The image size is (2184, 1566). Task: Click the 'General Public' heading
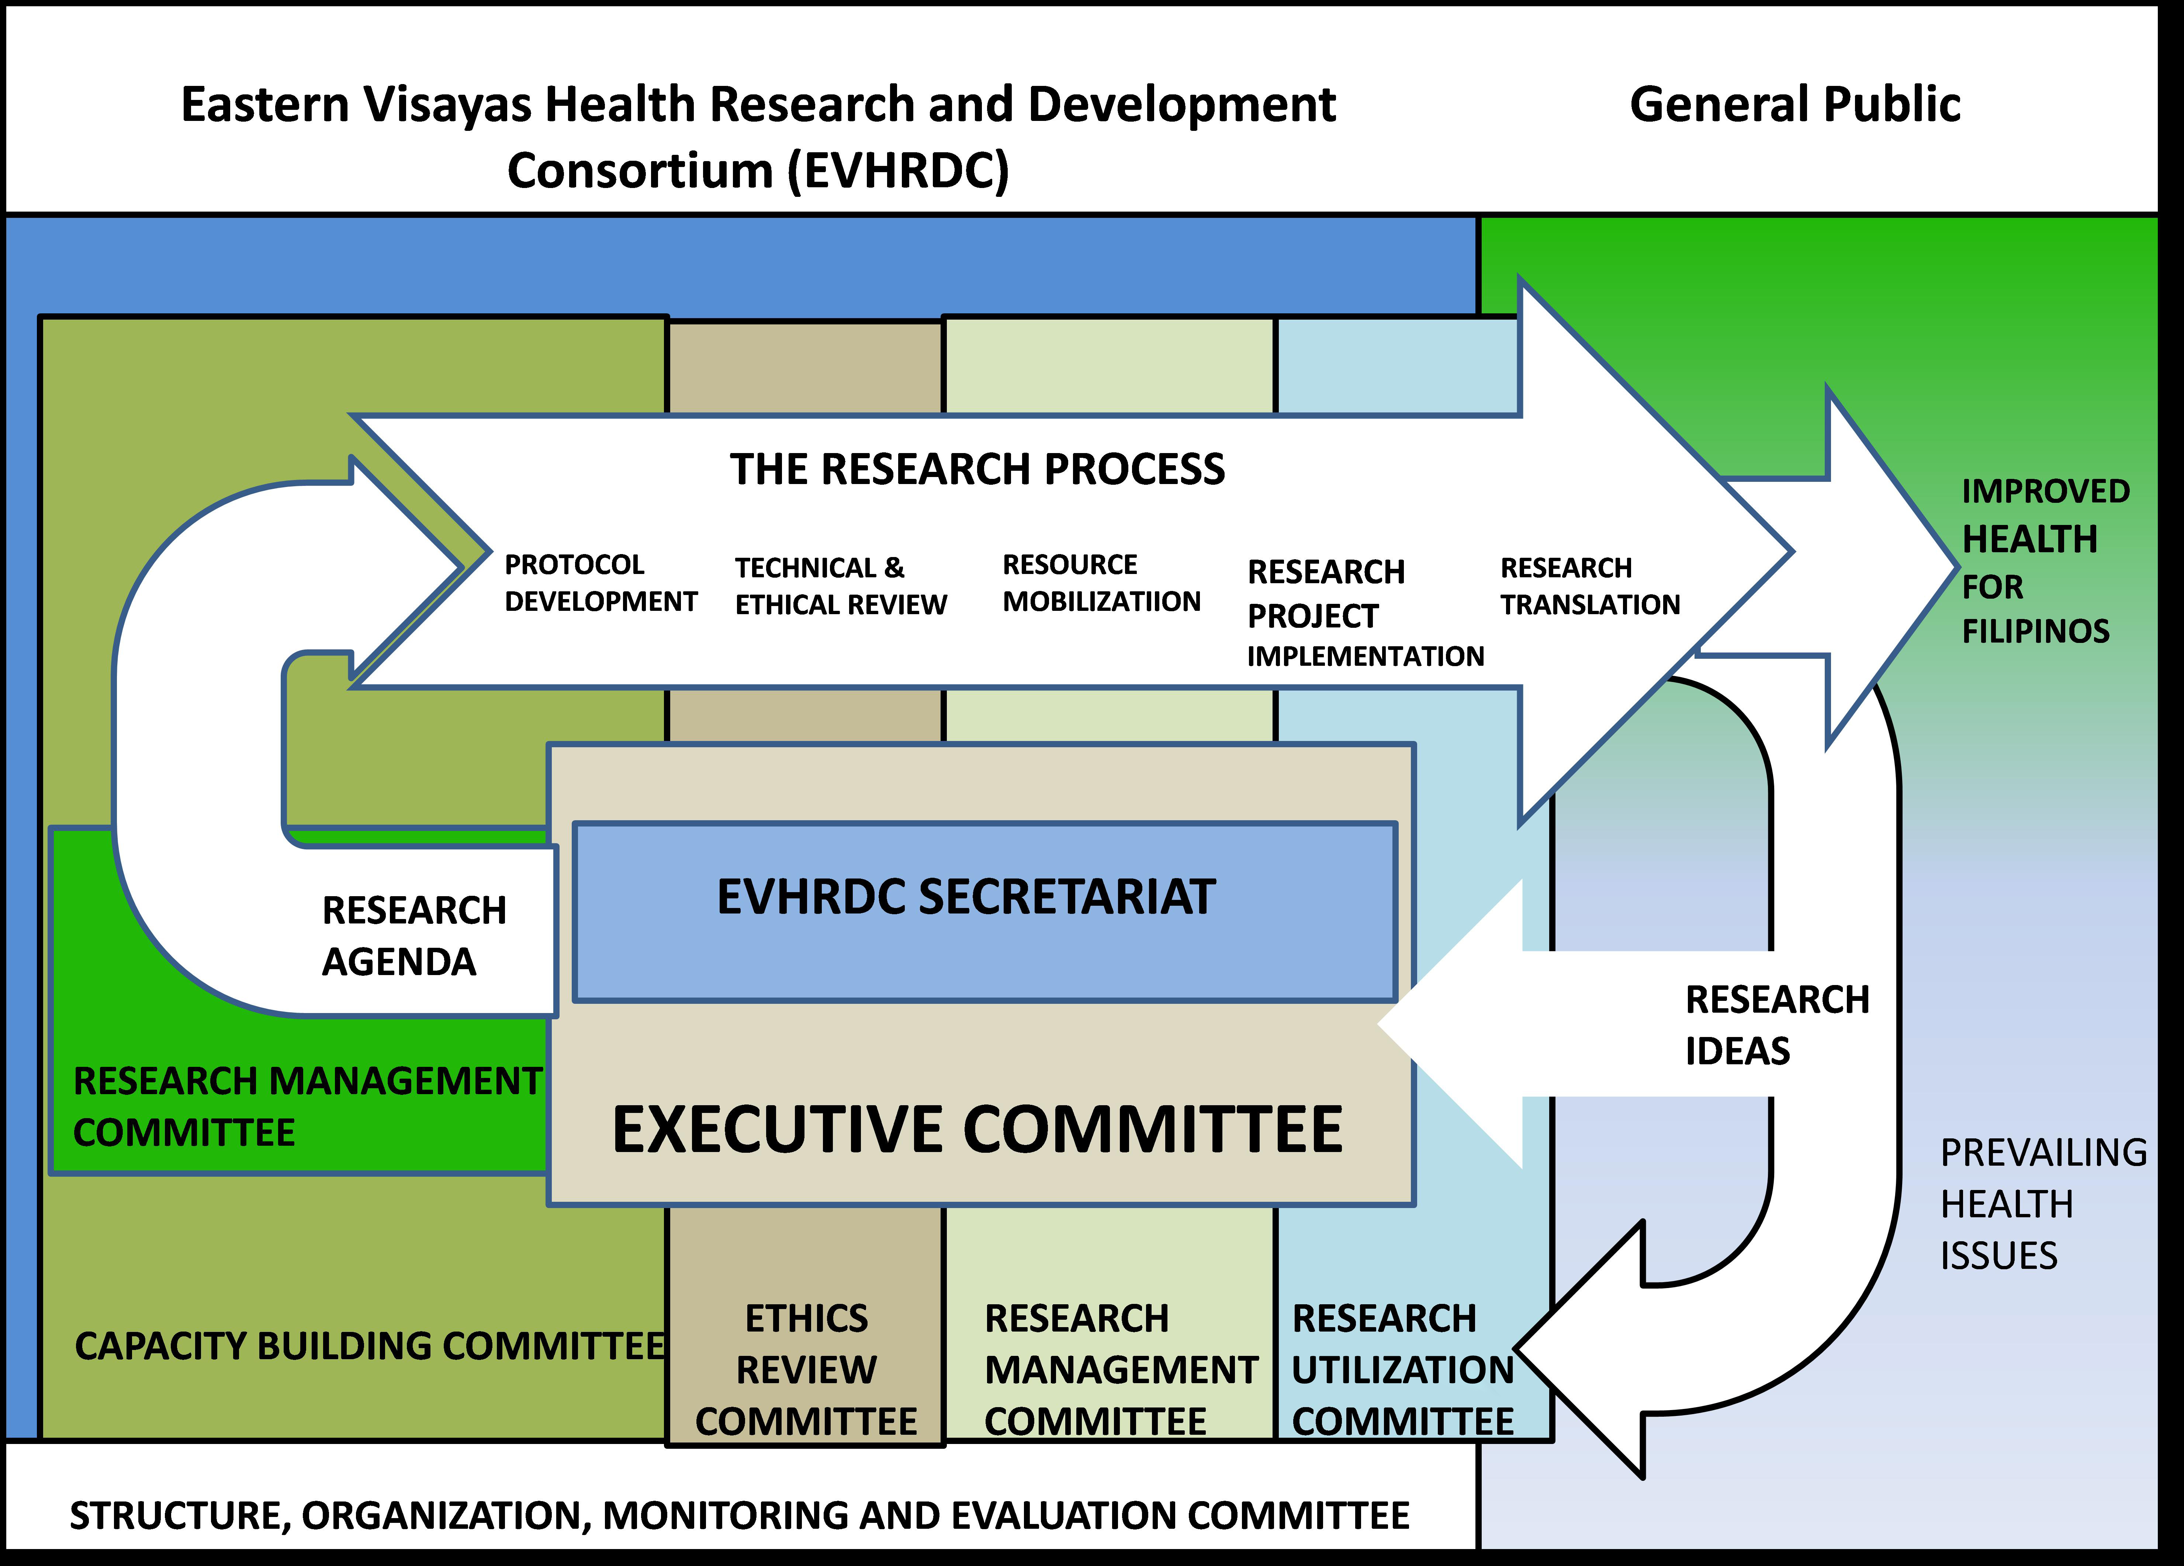pyautogui.click(x=1795, y=104)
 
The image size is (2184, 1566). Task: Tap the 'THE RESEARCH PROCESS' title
pyautogui.click(x=977, y=469)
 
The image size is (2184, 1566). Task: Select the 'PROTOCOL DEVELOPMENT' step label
pyautogui.click(x=601, y=582)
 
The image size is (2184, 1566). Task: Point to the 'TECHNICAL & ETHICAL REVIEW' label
pyautogui.click(x=841, y=586)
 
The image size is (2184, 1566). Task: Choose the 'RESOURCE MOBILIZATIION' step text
pyautogui.click(x=1102, y=582)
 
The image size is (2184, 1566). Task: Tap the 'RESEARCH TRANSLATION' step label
pyautogui.click(x=1590, y=586)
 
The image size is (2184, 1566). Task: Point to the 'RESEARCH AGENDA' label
pyautogui.click(x=414, y=936)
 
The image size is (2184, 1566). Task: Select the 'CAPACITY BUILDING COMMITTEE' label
pyautogui.click(x=370, y=1346)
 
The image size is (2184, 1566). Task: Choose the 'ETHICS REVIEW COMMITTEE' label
pyautogui.click(x=806, y=1370)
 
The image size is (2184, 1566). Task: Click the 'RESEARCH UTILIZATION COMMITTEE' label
pyautogui.click(x=1403, y=1370)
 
